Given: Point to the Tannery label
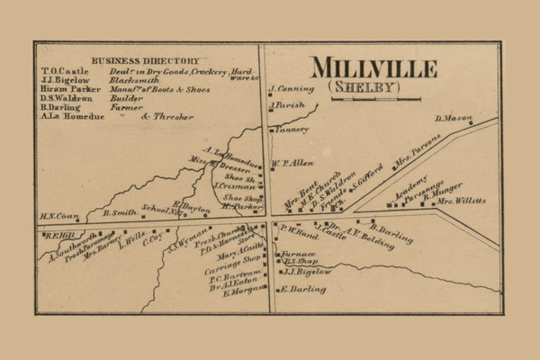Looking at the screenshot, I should click(292, 129).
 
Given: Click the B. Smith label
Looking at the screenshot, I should click(120, 213).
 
